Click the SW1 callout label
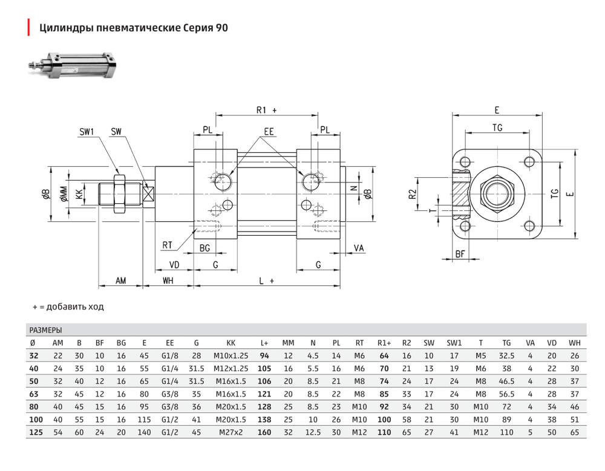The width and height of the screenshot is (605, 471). (87, 132)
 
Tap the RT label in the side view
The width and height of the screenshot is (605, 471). (167, 245)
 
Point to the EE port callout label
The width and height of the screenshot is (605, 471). (269, 132)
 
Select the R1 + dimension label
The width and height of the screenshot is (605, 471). (267, 110)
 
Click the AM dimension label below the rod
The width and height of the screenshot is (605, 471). (121, 281)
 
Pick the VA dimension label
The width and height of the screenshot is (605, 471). (359, 248)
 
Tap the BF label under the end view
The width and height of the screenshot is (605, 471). (460, 254)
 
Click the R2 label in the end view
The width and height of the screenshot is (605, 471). (413, 194)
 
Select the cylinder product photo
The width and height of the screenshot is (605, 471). (73, 65)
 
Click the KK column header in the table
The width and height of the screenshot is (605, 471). (231, 343)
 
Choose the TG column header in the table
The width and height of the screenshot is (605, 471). (506, 343)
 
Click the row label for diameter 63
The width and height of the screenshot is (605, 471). (34, 394)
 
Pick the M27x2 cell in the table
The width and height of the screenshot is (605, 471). (231, 432)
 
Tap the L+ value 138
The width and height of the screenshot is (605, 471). (264, 420)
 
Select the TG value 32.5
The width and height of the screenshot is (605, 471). (506, 356)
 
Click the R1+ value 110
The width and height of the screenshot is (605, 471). (384, 432)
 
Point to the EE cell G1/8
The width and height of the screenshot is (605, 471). (170, 356)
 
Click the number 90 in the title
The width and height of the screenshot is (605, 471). (222, 28)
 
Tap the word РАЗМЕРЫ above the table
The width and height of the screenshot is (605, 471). (45, 330)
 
